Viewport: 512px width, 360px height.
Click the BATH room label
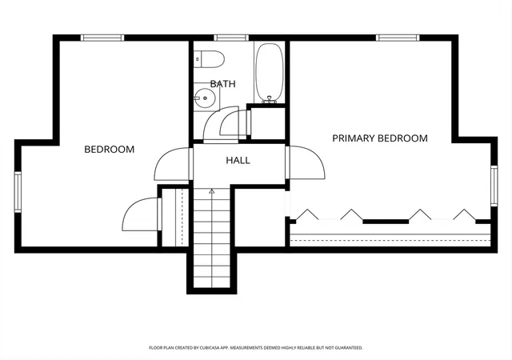pyautogui.click(x=222, y=84)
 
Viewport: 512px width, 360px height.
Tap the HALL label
pyautogui.click(x=238, y=160)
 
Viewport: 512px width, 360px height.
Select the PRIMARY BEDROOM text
pyautogui.click(x=380, y=138)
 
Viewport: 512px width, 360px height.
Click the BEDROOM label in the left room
pyautogui.click(x=110, y=150)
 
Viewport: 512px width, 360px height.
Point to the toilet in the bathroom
pyautogui.click(x=209, y=59)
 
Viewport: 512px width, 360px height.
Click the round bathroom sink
pyautogui.click(x=205, y=98)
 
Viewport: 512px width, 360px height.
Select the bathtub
pyautogui.click(x=269, y=73)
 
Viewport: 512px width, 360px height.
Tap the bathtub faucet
pyautogui.click(x=269, y=100)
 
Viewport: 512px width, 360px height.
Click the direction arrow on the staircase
pyautogui.click(x=211, y=191)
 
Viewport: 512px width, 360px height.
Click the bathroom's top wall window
pyautogui.click(x=231, y=38)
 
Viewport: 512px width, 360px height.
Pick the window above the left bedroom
pyautogui.click(x=102, y=38)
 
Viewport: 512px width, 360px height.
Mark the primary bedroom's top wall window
pyautogui.click(x=398, y=38)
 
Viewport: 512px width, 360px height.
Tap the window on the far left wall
pyautogui.click(x=18, y=192)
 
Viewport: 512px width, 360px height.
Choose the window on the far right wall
pyautogui.click(x=494, y=186)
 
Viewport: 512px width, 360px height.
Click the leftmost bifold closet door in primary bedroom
pyautogui.click(x=307, y=214)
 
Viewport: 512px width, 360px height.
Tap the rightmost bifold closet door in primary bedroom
pyautogui.click(x=464, y=214)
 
